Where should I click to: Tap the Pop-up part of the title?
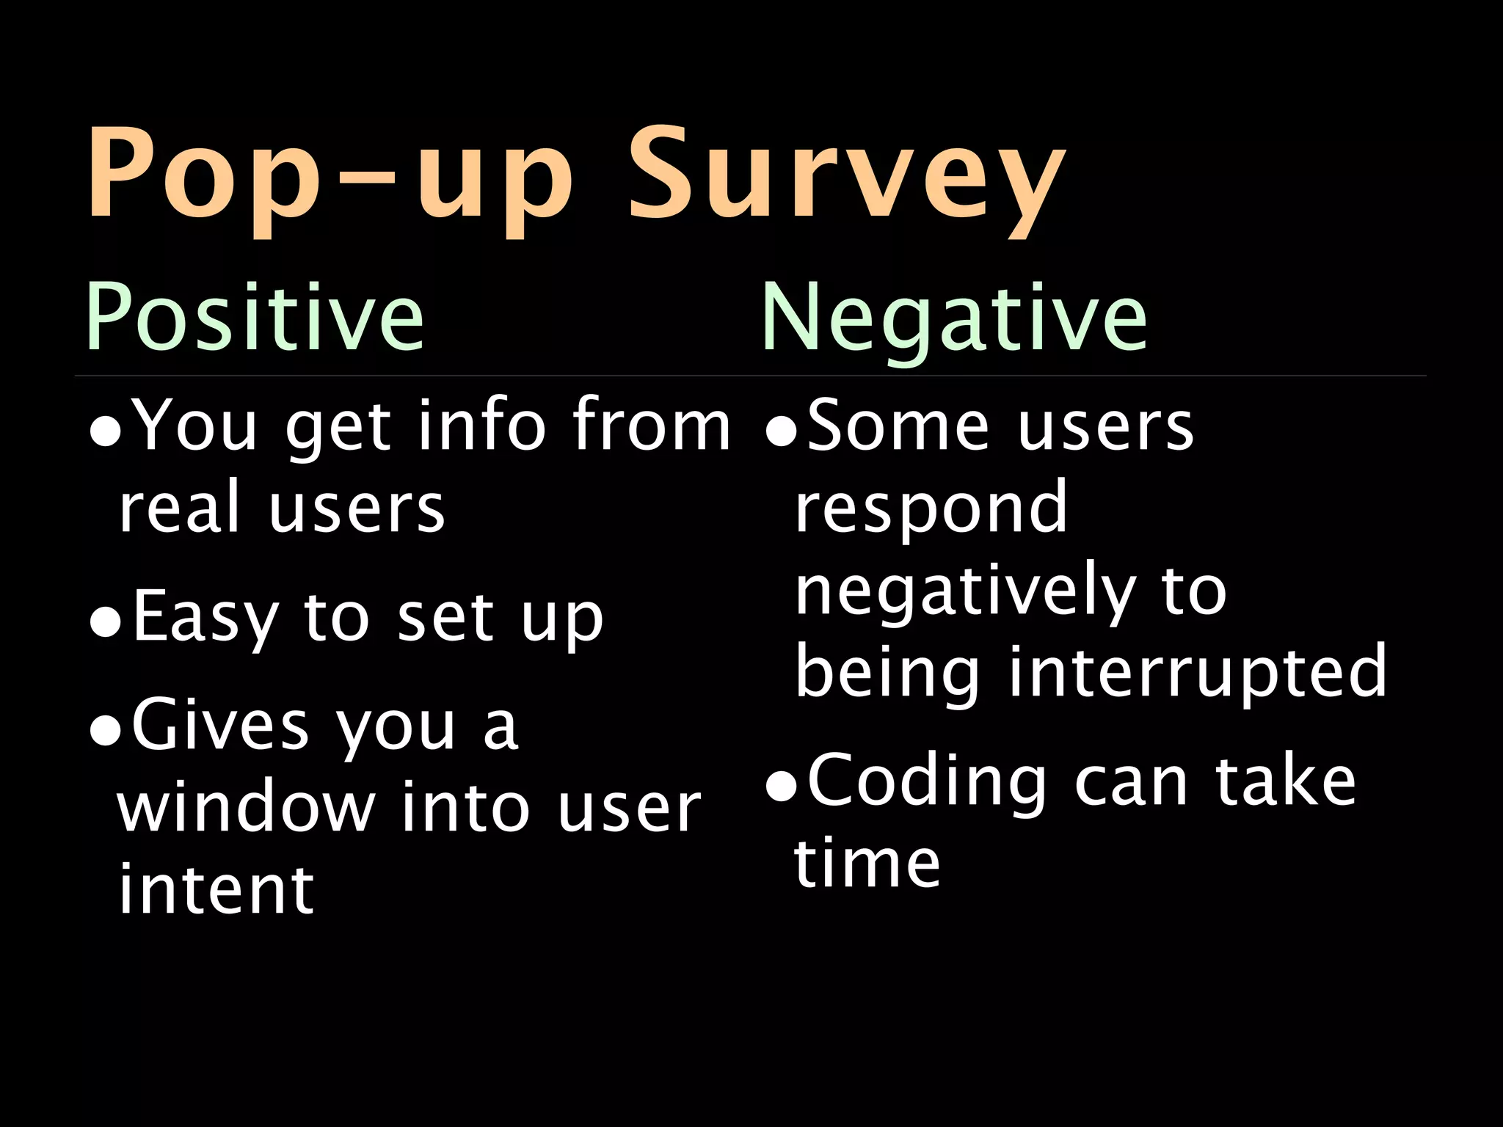pyautogui.click(x=330, y=176)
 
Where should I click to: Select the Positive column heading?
pyautogui.click(x=255, y=318)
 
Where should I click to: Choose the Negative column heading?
pyautogui.click(x=954, y=318)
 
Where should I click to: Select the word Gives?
pyautogui.click(x=220, y=726)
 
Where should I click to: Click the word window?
pyautogui.click(x=246, y=809)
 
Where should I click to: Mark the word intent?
pyautogui.click(x=216, y=889)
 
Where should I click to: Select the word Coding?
pyautogui.click(x=927, y=782)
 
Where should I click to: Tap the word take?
pyautogui.click(x=1285, y=782)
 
